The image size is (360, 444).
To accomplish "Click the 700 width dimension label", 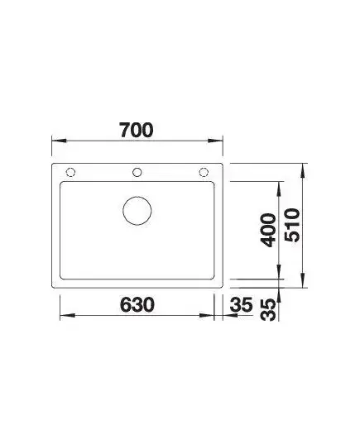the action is pyautogui.click(x=137, y=131).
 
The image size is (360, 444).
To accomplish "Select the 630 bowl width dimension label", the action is pyautogui.click(x=137, y=305).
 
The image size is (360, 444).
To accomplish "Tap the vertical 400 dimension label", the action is pyautogui.click(x=268, y=230).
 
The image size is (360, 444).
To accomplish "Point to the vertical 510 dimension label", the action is pyautogui.click(x=292, y=225).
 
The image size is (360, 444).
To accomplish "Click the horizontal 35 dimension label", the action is pyautogui.click(x=241, y=305).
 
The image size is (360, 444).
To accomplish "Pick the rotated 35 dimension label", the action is pyautogui.click(x=268, y=310).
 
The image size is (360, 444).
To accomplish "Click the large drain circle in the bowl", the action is pyautogui.click(x=137, y=211).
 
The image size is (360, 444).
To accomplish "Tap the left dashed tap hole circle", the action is pyautogui.click(x=70, y=172).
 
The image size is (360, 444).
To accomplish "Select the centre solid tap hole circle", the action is pyautogui.click(x=137, y=172).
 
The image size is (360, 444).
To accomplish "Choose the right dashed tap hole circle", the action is pyautogui.click(x=204, y=172).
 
